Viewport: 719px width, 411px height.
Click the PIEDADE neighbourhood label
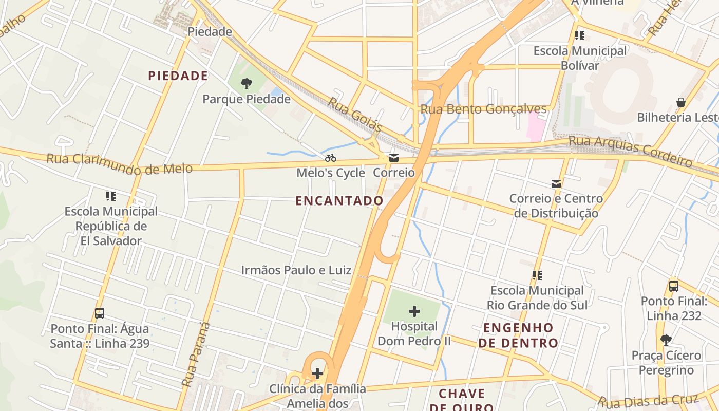point(178,76)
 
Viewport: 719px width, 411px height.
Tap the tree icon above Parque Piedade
point(247,83)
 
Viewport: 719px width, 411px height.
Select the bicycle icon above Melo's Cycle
point(331,158)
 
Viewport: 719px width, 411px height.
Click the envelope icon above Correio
point(394,158)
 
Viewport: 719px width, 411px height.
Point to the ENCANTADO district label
point(339,201)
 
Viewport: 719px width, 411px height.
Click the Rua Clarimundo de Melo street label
point(120,163)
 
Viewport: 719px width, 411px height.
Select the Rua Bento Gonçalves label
point(484,109)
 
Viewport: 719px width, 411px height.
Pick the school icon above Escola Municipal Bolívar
point(580,35)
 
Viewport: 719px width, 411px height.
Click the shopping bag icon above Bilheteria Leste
point(681,102)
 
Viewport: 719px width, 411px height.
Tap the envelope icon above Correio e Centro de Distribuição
point(556,183)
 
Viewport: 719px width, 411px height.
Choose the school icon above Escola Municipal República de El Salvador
point(111,196)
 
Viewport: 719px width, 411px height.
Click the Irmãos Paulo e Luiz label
point(296,270)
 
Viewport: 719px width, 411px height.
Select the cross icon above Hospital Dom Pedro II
point(414,311)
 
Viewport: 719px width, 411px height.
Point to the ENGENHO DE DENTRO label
point(519,335)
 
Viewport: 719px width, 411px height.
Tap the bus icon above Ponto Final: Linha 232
point(674,286)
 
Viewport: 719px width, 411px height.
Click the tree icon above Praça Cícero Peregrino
point(666,340)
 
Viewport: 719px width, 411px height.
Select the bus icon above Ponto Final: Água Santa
point(100,313)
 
